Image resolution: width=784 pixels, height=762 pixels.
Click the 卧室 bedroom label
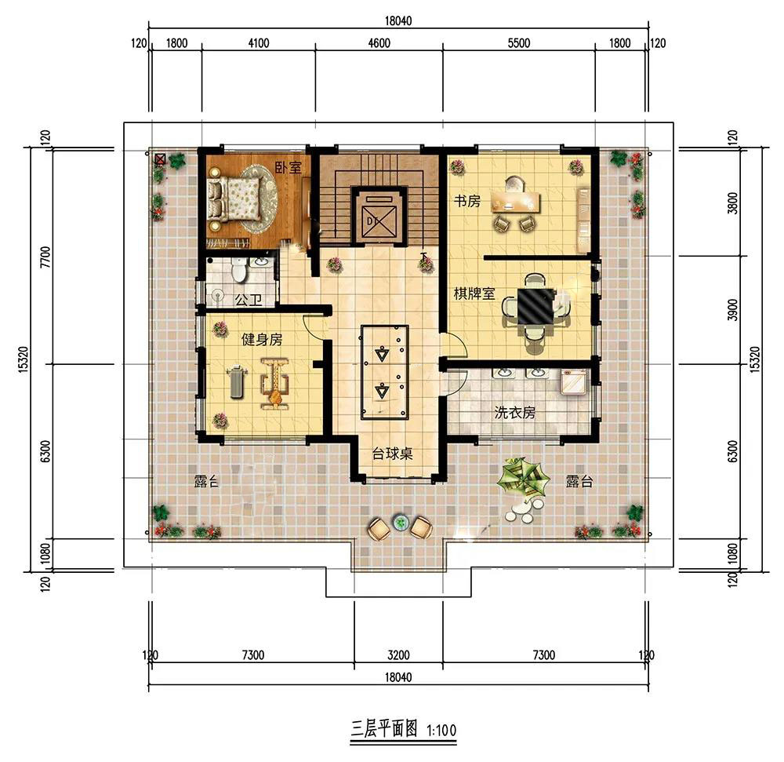pos(289,167)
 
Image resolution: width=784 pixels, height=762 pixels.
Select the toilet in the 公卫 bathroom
pos(239,271)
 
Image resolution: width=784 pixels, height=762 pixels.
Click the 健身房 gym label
pos(262,340)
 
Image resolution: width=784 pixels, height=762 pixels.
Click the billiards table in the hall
pos(384,373)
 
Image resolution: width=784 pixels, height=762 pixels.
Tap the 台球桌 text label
pos(393,454)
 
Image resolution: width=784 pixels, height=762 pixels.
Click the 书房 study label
pos(467,201)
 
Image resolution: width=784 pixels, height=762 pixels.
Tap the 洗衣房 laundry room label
pos(515,412)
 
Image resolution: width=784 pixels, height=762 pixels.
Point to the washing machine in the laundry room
pos(574,383)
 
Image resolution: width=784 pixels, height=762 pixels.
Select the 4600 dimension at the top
pos(379,43)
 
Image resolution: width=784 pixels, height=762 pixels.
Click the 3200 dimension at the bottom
pos(398,655)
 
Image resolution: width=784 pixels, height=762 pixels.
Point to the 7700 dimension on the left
pos(45,257)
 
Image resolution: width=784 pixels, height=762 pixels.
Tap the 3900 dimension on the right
pos(732,310)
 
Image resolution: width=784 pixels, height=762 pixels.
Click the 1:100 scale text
pos(441,731)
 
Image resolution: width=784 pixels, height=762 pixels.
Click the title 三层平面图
pos(384,729)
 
